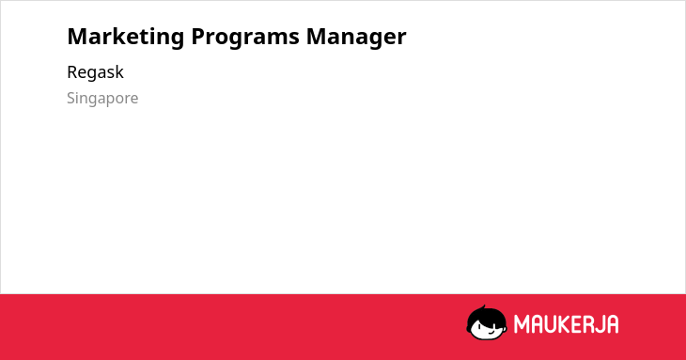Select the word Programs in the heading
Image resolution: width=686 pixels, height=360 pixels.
click(245, 38)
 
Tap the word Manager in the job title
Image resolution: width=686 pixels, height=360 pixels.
click(356, 38)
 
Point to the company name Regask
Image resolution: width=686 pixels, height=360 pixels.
click(95, 72)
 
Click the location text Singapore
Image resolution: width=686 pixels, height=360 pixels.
click(102, 99)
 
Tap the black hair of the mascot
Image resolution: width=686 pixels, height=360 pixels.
click(486, 316)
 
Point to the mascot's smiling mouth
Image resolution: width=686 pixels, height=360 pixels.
click(491, 332)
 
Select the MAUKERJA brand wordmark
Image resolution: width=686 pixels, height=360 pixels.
click(566, 324)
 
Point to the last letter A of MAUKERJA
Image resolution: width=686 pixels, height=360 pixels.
click(612, 324)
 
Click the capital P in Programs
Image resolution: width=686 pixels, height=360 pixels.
click(197, 37)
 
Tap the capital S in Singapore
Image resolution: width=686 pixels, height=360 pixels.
click(71, 98)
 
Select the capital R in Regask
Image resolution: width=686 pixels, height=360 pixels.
click(72, 72)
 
